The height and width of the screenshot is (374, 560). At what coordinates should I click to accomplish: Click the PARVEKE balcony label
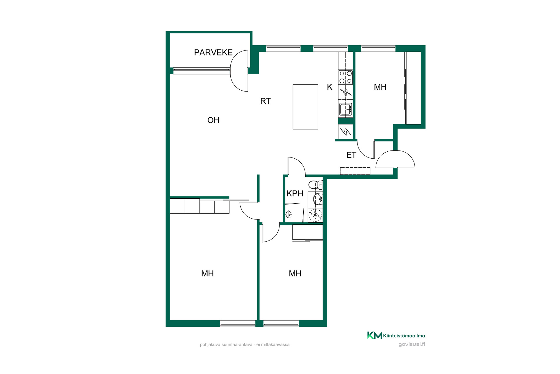point(213,52)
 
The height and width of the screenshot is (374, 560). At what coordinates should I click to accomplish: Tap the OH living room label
point(213,120)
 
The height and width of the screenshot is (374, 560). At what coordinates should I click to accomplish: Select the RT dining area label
point(265,101)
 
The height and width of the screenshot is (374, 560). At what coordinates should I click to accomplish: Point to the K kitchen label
point(330,87)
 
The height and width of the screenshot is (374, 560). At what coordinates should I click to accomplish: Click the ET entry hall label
point(351,155)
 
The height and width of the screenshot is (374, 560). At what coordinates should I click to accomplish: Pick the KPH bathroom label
point(295,193)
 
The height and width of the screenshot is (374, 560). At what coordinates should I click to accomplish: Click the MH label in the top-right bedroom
point(380,87)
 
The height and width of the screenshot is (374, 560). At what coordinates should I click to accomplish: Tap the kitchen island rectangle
point(305,107)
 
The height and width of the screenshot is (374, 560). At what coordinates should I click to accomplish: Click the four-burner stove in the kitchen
point(346,77)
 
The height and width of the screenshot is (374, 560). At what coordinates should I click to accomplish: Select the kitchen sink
point(346,109)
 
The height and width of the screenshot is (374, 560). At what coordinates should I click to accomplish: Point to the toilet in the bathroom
point(316,185)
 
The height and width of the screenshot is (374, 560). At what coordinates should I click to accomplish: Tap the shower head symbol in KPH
point(289,214)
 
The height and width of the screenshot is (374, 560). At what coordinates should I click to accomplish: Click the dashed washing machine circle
point(316,215)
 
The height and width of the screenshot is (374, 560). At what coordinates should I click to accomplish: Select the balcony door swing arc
point(239,71)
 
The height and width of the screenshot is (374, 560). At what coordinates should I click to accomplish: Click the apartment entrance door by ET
point(395,160)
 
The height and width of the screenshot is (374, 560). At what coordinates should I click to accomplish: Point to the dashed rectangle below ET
point(355,171)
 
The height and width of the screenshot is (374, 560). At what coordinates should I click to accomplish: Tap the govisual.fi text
point(412,344)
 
